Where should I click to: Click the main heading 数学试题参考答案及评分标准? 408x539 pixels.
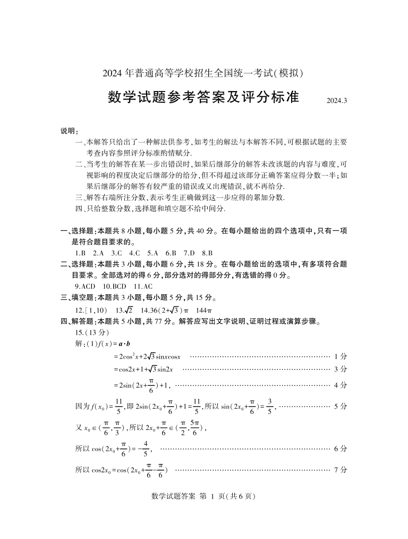tap(203, 97)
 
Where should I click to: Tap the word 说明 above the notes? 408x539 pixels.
tap(69, 131)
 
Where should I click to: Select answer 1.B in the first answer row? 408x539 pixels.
tap(81, 253)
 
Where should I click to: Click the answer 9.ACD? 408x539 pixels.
tap(85, 286)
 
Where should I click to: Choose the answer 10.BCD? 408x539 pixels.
tap(114, 286)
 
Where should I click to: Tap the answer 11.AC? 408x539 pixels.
tap(143, 286)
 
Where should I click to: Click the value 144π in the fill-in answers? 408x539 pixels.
tap(204, 310)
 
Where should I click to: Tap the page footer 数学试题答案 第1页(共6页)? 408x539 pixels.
tap(204, 496)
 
